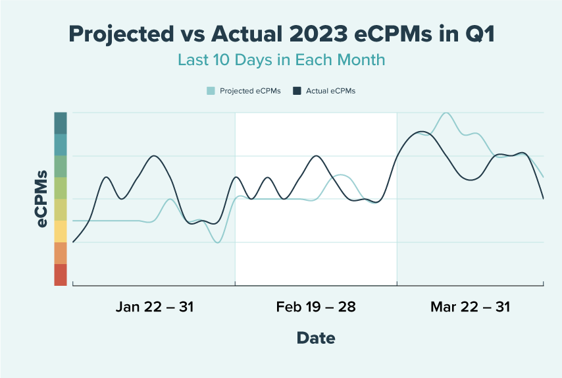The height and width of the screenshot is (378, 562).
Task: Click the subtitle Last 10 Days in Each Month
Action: pyautogui.click(x=281, y=59)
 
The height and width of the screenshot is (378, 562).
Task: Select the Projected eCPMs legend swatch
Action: pyautogui.click(x=211, y=91)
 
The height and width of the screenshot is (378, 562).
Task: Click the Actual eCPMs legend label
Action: pyautogui.click(x=330, y=91)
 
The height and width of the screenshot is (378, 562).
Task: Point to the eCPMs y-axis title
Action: pyautogui.click(x=42, y=199)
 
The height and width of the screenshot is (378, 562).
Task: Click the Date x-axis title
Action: pyautogui.click(x=316, y=338)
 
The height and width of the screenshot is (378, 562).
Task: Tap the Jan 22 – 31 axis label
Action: pyautogui.click(x=155, y=307)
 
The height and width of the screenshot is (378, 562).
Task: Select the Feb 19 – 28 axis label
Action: pyautogui.click(x=316, y=307)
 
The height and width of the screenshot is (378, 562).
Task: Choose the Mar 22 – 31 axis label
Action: pyautogui.click(x=470, y=307)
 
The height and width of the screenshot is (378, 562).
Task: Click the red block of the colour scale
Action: pyautogui.click(x=61, y=275)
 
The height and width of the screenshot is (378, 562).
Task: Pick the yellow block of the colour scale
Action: pyautogui.click(x=61, y=231)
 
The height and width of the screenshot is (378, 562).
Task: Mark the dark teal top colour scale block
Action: pyautogui.click(x=61, y=123)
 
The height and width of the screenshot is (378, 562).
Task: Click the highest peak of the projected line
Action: pyautogui.click(x=447, y=113)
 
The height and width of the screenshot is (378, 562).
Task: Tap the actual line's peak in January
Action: pyautogui.click(x=154, y=156)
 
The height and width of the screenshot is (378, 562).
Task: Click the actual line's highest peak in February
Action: pyautogui.click(x=317, y=156)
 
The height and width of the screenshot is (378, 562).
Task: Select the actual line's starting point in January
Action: pyautogui.click(x=73, y=242)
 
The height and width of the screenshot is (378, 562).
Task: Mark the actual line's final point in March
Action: pyautogui.click(x=543, y=198)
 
